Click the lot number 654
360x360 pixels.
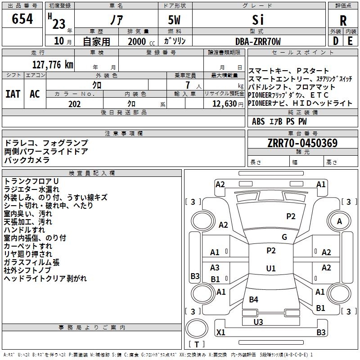(22, 18)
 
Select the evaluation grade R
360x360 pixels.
(343, 21)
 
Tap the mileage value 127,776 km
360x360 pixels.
(53, 65)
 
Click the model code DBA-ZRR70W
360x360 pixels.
(258, 41)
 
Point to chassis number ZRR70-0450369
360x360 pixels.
(302, 143)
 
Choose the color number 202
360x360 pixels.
(74, 104)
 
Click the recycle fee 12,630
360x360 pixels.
(225, 104)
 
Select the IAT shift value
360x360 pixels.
(13, 94)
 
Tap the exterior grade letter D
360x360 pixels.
(336, 41)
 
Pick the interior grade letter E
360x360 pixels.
(350, 41)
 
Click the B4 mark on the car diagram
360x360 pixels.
(253, 299)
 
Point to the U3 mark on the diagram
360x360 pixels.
(258, 322)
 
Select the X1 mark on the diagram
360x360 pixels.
(220, 332)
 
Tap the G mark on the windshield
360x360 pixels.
(284, 237)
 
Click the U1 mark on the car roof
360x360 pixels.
(271, 268)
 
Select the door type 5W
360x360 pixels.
(174, 20)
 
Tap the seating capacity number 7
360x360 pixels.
(188, 85)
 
